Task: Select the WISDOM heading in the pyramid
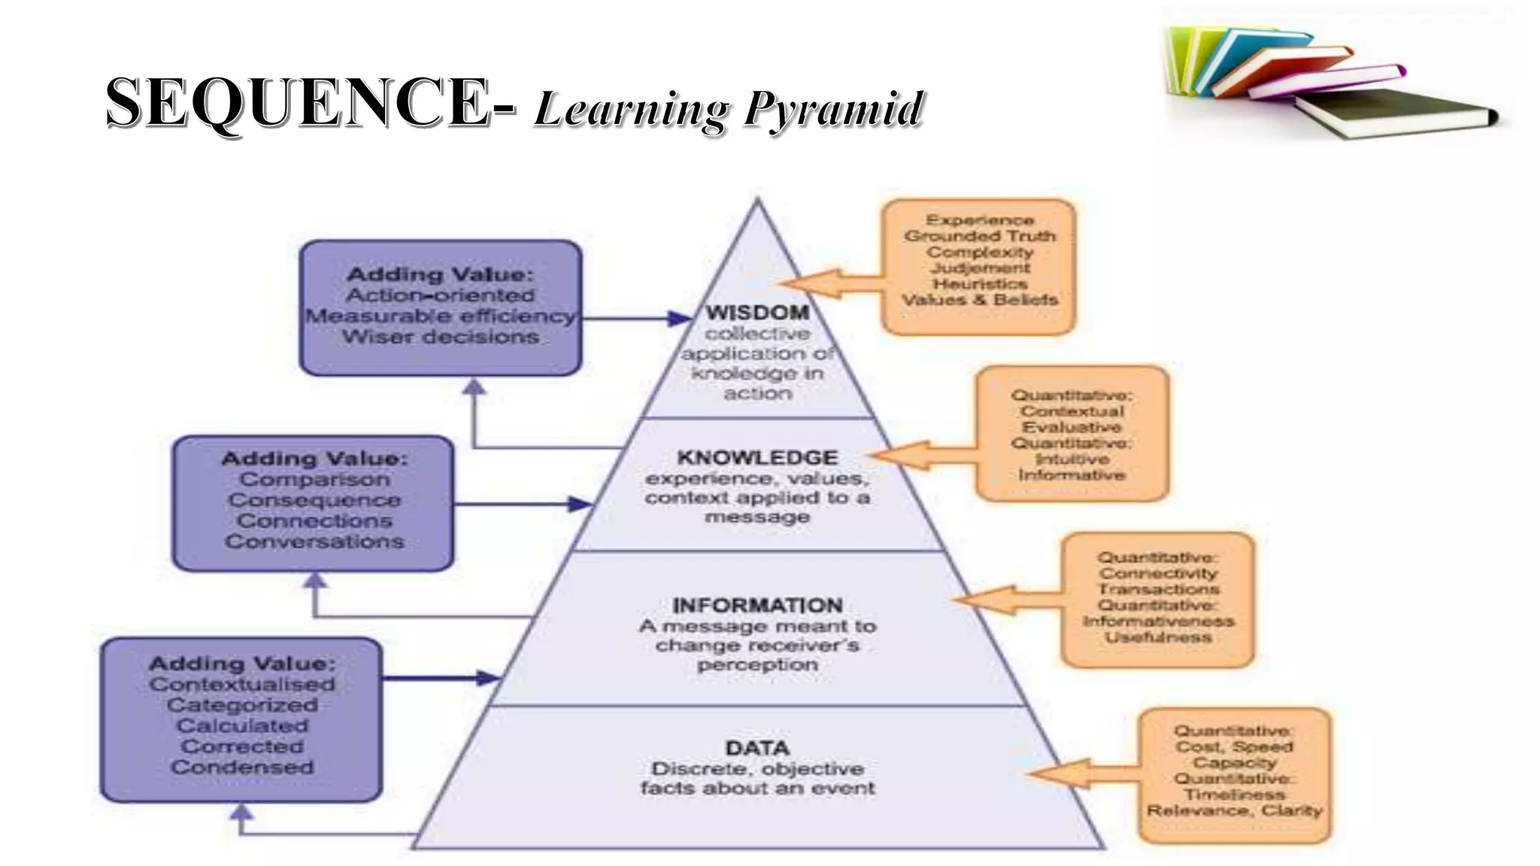tap(757, 313)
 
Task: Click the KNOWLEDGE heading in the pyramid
tap(757, 458)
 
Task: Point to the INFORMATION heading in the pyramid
tap(757, 606)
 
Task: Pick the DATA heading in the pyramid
tap(757, 749)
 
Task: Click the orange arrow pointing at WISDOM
tap(827, 283)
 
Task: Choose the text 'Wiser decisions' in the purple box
tap(441, 337)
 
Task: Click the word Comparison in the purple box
tap(314, 480)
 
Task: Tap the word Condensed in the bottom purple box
tap(242, 768)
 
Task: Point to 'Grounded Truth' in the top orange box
tap(980, 236)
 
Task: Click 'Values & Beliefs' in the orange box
tap(980, 300)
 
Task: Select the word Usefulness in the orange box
tap(1158, 637)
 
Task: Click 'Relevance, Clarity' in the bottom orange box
tap(1234, 810)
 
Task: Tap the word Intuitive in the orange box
tap(1072, 459)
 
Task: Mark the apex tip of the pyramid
tap(757, 199)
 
